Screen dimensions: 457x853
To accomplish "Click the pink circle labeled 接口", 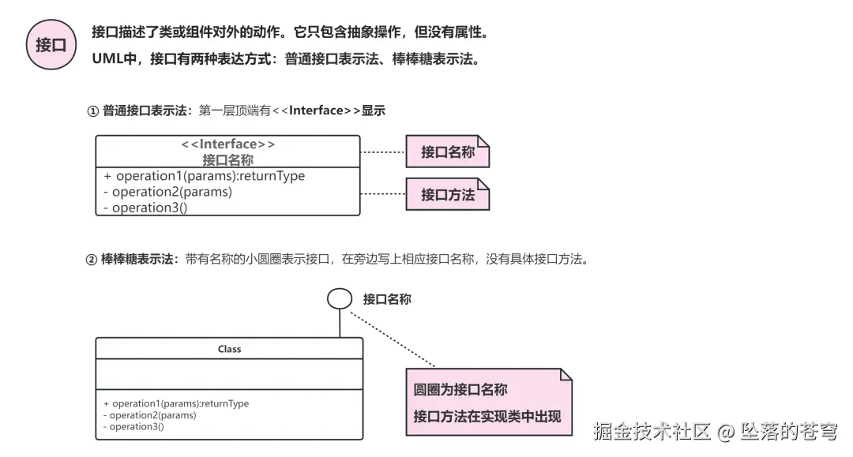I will (51, 44).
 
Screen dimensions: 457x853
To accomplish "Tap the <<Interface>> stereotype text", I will (228, 144).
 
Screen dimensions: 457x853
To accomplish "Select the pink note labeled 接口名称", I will (448, 152).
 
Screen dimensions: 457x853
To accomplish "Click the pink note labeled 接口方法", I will (448, 194).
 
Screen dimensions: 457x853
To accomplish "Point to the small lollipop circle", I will (340, 298).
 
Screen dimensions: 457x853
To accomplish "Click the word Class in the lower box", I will (229, 349).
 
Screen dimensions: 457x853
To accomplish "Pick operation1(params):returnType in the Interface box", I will (209, 176).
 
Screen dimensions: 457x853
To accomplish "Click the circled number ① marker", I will (92, 111).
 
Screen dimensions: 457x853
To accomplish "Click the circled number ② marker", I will (91, 260).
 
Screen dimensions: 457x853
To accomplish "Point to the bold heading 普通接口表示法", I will (144, 111).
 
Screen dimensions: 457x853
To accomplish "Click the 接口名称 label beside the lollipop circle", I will (387, 299).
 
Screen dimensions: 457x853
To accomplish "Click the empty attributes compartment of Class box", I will (229, 374).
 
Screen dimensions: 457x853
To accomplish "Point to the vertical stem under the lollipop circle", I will (340, 323).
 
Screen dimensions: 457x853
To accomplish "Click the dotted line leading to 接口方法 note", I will (382, 193).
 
